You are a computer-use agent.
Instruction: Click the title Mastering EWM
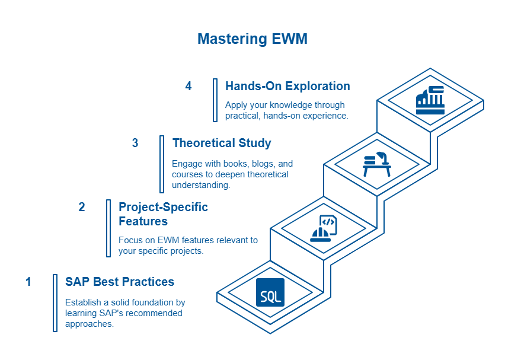pyautogui.click(x=252, y=39)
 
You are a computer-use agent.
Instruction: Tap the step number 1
pyautogui.click(x=28, y=282)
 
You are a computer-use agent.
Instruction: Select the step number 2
pyautogui.click(x=82, y=207)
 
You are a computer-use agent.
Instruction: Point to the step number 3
pyautogui.click(x=135, y=143)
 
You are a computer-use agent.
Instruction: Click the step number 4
pyautogui.click(x=188, y=86)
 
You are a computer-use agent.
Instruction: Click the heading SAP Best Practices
pyautogui.click(x=120, y=282)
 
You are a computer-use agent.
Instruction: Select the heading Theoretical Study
pyautogui.click(x=222, y=143)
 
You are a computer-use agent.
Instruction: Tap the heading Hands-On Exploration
pyautogui.click(x=287, y=86)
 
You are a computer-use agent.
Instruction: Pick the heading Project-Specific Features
pyautogui.click(x=163, y=214)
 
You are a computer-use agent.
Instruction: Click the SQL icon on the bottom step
pyautogui.click(x=270, y=292)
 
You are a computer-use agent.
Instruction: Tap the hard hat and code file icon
pyautogui.click(x=324, y=228)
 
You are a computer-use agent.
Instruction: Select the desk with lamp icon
pyautogui.click(x=377, y=164)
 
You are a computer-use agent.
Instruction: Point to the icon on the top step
pyautogui.click(x=430, y=100)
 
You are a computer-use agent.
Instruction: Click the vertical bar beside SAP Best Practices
pyautogui.click(x=55, y=303)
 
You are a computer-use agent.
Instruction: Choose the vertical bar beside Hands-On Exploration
pyautogui.click(x=215, y=100)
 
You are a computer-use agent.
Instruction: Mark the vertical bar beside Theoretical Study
pyautogui.click(x=162, y=164)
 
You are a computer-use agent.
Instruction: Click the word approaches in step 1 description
pyautogui.click(x=90, y=324)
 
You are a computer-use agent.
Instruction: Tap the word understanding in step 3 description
pyautogui.click(x=201, y=185)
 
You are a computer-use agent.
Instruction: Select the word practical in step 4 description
pyautogui.click(x=243, y=116)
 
